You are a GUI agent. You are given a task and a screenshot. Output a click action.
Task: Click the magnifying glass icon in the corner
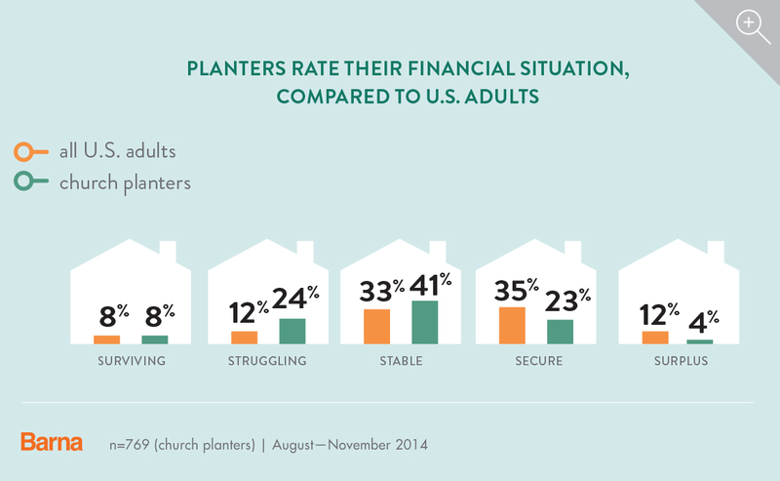tap(753, 27)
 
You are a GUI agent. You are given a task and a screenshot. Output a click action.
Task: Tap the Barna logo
tap(52, 442)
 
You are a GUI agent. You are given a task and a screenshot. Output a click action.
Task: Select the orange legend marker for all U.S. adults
tap(31, 152)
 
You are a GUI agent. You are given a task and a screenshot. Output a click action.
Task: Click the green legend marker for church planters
tap(31, 181)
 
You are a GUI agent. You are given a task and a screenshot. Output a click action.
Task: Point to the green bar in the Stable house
tap(425, 322)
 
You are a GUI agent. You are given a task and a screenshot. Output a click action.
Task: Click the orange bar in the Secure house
tap(512, 326)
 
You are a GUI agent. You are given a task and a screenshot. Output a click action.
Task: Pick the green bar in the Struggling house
tap(292, 331)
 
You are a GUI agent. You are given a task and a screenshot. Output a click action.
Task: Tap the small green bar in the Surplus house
tap(699, 341)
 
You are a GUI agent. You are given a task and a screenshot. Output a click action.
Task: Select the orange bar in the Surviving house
tap(106, 340)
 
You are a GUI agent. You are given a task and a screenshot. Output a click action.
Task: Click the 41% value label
tap(430, 285)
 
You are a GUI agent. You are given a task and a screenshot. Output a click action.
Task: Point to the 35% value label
tap(517, 290)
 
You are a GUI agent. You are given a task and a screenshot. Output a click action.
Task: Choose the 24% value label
tap(295, 298)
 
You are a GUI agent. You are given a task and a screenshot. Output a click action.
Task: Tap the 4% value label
tap(703, 322)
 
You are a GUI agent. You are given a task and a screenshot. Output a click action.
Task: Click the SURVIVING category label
tap(132, 361)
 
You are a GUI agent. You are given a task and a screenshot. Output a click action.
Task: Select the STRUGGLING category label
tap(267, 361)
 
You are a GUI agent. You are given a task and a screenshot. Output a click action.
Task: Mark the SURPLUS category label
tap(681, 361)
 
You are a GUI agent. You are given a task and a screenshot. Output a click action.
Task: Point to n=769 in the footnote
tap(130, 444)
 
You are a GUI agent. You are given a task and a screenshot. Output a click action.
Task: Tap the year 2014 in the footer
tap(411, 444)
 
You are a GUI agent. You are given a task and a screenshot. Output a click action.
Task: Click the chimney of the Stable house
tap(438, 252)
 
